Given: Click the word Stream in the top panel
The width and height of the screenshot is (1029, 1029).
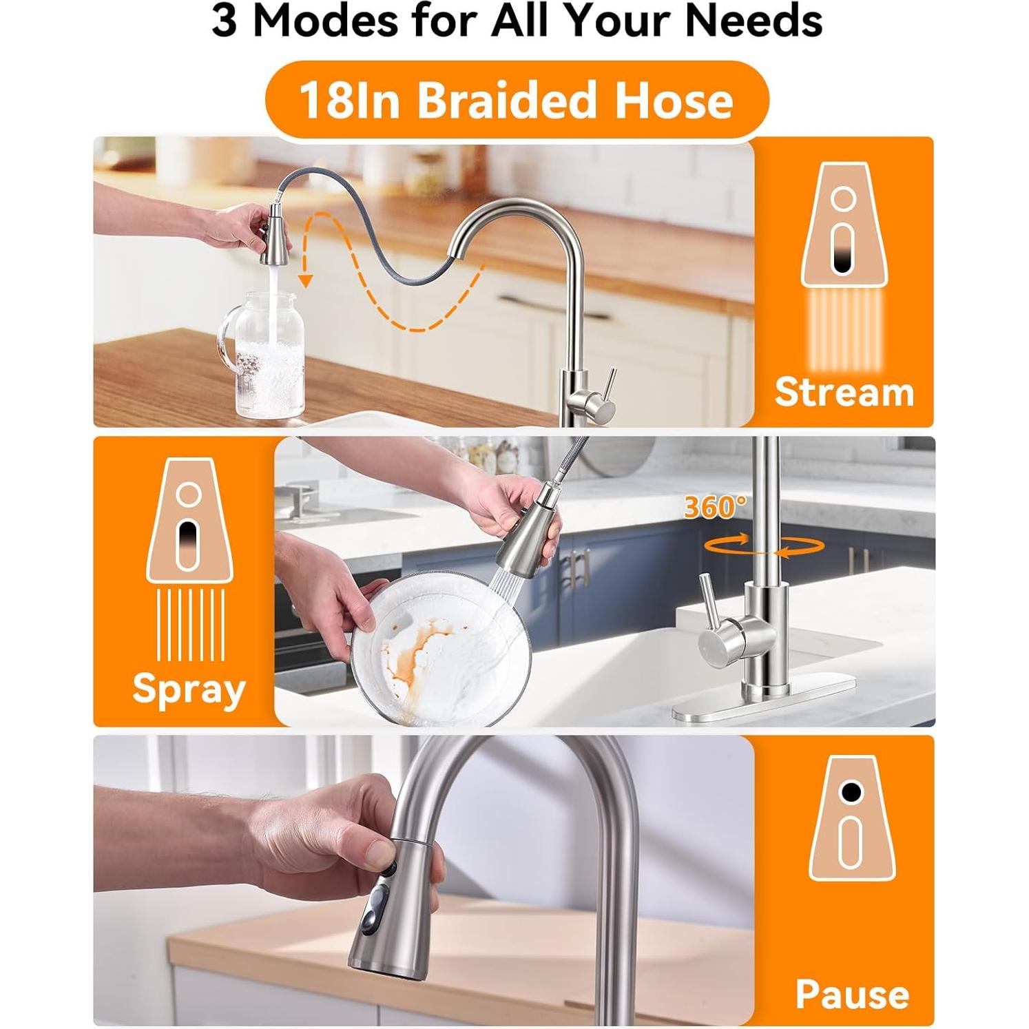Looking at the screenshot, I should tap(844, 392).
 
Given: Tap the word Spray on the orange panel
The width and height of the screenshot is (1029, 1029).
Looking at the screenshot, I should tap(188, 689).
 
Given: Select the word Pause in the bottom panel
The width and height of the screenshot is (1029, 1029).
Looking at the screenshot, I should tap(852, 994).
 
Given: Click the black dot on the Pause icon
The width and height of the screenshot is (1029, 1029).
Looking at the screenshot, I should tap(851, 792).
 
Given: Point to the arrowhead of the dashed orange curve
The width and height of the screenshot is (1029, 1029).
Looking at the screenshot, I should tap(306, 281).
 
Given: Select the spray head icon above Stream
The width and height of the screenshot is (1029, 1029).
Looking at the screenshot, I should tap(843, 227).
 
